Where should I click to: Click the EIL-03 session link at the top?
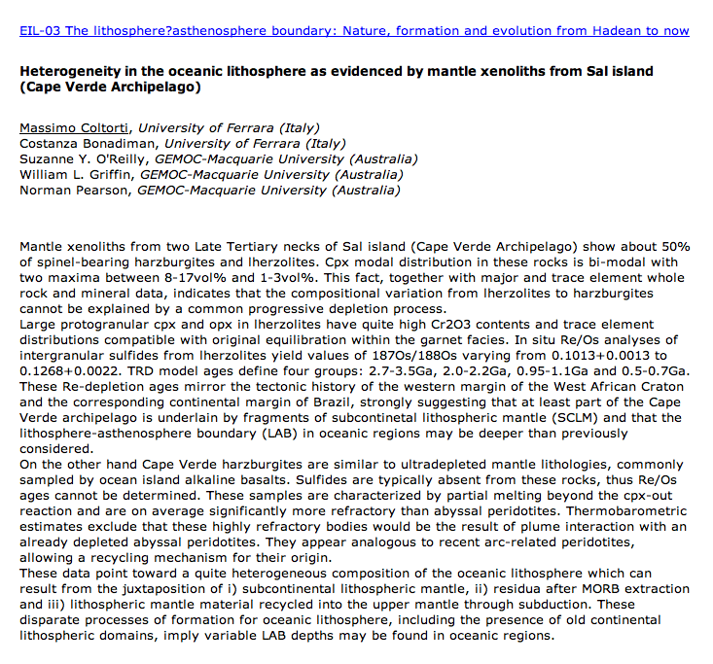point(354,31)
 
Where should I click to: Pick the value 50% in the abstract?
point(673,247)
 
